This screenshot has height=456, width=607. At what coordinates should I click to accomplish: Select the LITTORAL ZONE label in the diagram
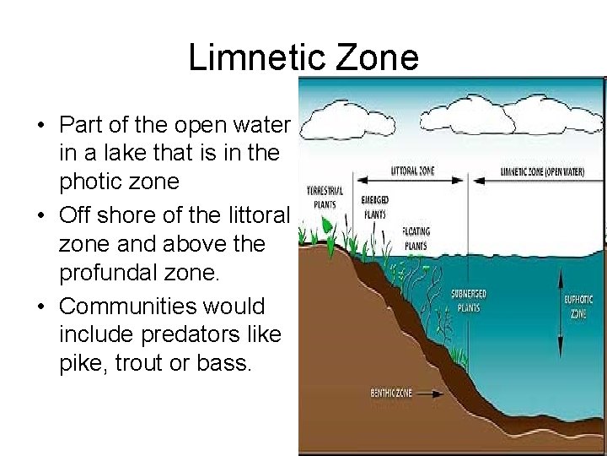point(413,171)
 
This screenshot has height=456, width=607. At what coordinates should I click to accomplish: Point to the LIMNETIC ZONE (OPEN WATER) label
point(542,171)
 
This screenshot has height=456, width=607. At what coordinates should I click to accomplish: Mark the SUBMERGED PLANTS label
point(469,301)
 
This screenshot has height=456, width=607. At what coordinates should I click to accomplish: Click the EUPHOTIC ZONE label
point(578,306)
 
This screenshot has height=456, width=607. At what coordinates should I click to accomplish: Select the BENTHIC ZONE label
point(391,393)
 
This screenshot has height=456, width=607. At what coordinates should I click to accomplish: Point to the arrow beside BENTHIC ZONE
point(429,393)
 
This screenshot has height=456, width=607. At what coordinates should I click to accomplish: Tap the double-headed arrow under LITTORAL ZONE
point(413,179)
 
